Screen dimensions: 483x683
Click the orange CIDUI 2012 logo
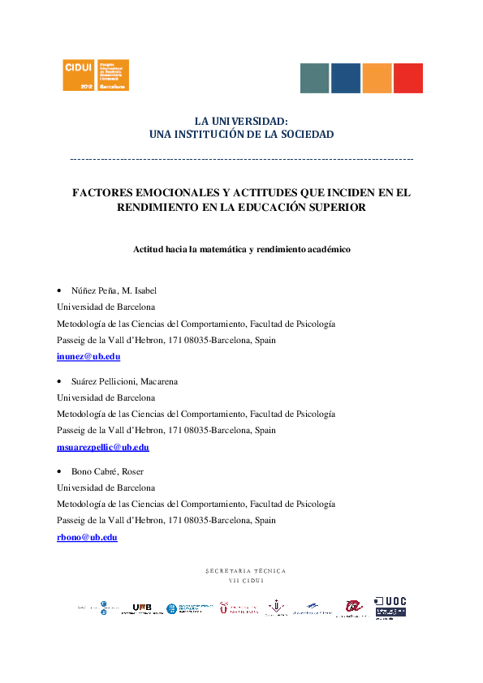[96, 75]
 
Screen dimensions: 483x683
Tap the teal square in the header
[314, 79]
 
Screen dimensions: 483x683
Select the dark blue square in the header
[346, 79]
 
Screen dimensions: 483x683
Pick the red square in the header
[408, 79]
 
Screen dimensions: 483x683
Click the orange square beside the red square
[377, 79]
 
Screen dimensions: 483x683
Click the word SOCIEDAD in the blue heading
[304, 134]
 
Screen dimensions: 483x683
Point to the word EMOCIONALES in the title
[170, 193]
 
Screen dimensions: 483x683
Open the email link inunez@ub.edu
[88, 357]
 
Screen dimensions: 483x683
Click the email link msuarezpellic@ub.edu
[102, 447]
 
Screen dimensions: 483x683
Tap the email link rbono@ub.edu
[87, 537]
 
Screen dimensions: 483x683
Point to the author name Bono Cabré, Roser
[107, 471]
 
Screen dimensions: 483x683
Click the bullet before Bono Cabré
[60, 472]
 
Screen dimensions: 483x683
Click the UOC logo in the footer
[390, 606]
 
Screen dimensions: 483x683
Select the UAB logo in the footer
[142, 608]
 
